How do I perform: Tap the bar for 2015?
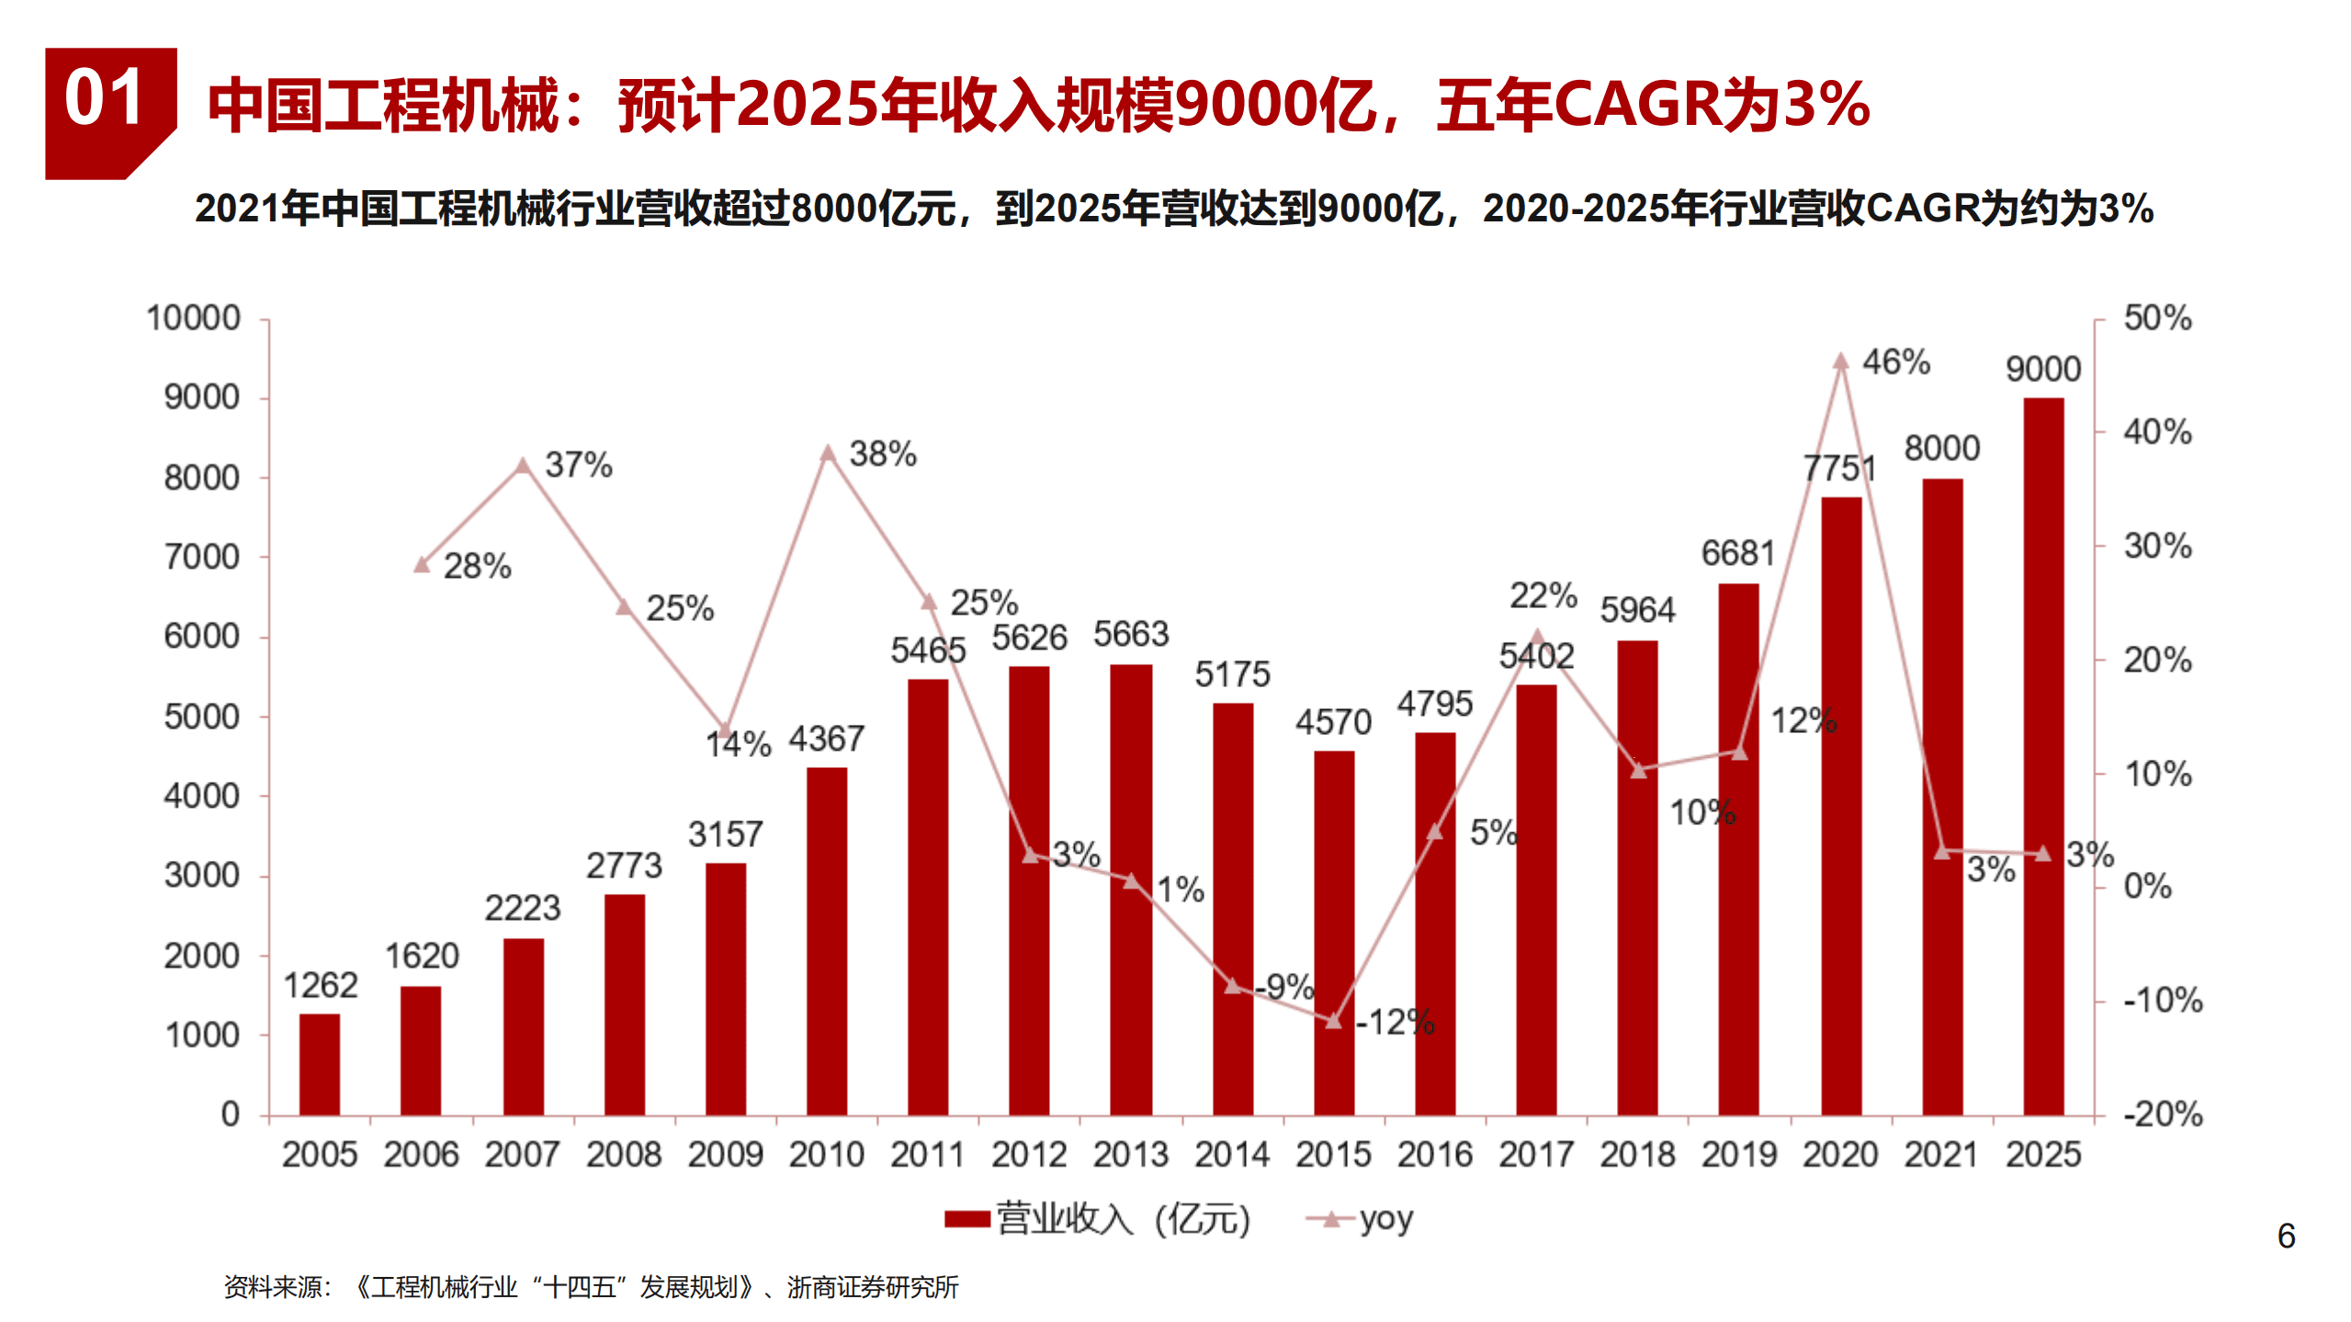(1333, 932)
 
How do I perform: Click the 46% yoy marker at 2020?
(1840, 361)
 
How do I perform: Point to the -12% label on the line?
(1396, 1022)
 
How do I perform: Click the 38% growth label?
(882, 454)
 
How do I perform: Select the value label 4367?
(826, 739)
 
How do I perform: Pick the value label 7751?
(1838, 469)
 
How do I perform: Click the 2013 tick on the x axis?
(1130, 1154)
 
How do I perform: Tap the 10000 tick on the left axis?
(193, 318)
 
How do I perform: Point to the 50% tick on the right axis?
(2156, 318)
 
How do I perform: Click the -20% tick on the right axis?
(2162, 1114)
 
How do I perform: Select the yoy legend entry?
(1362, 1219)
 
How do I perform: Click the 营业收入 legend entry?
(1099, 1219)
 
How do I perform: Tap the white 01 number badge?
(104, 98)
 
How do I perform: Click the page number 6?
(2286, 1236)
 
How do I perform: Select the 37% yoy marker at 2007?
(522, 466)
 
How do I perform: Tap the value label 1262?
(320, 986)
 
